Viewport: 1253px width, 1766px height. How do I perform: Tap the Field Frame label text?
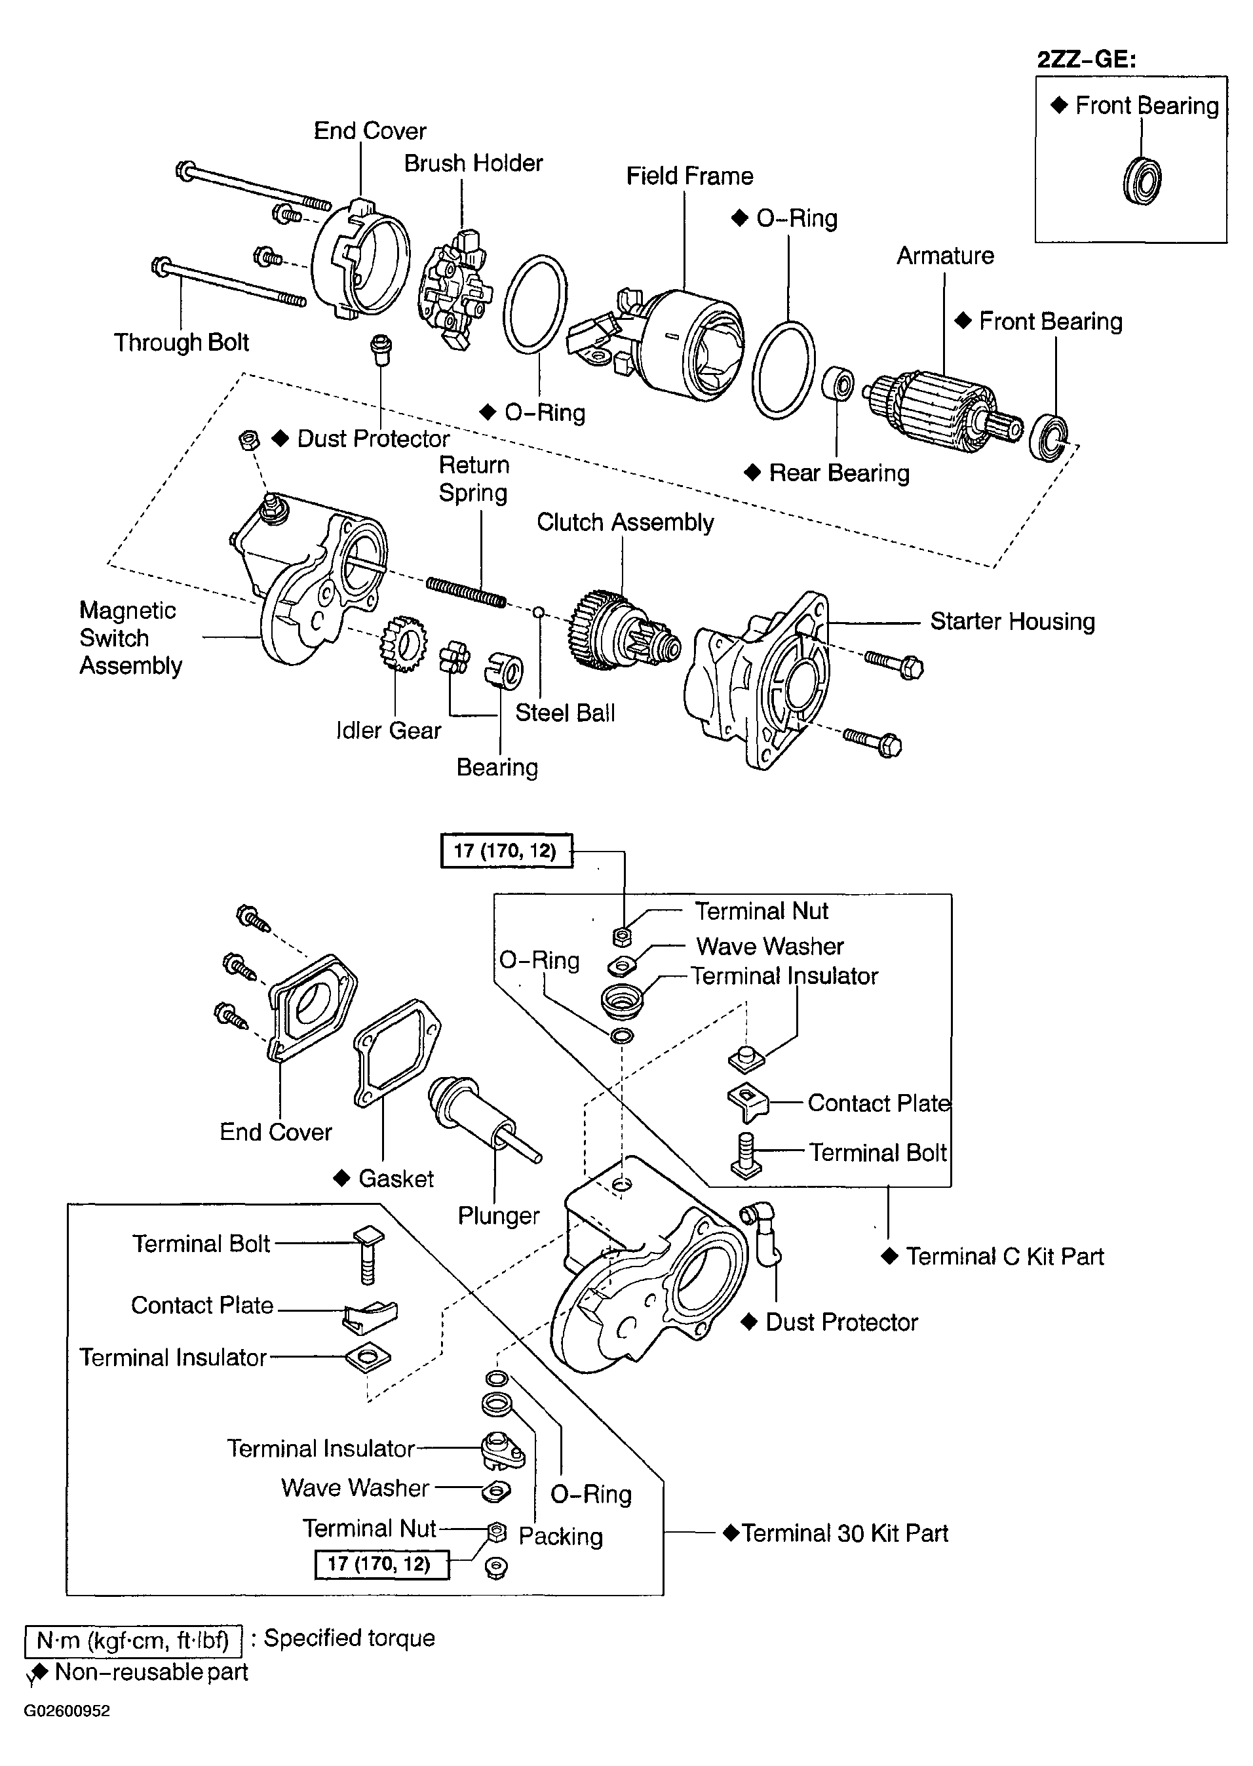(689, 176)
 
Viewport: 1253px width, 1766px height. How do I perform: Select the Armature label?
(945, 256)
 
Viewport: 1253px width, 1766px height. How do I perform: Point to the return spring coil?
(467, 592)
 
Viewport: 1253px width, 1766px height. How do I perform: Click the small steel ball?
(539, 613)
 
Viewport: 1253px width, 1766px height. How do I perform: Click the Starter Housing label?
(1012, 621)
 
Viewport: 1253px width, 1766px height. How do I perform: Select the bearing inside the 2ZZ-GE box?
(1142, 181)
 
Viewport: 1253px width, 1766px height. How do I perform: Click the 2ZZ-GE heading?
(1087, 60)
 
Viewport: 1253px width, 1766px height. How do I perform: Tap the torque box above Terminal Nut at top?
(506, 851)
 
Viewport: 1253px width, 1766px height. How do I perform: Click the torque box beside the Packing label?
(382, 1564)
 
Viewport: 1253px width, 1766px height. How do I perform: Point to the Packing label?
(560, 1537)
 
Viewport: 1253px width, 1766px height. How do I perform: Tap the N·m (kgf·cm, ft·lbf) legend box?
(134, 1641)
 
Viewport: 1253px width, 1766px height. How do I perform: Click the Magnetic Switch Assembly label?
(130, 638)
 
